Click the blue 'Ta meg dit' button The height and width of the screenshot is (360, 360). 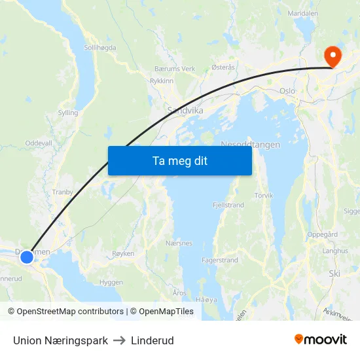(179, 160)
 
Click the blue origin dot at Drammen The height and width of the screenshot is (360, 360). (27, 257)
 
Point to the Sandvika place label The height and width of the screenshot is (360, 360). (185, 111)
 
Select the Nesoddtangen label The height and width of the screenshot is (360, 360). (251, 144)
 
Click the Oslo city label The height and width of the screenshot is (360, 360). (287, 92)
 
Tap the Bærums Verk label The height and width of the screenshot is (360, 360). (175, 69)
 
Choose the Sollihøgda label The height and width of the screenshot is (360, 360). (101, 48)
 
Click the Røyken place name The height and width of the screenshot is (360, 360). (123, 253)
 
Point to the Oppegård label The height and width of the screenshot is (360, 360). (323, 234)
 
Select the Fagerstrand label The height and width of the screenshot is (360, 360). (220, 260)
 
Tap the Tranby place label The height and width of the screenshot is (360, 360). (63, 192)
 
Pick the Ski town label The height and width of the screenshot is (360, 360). (334, 273)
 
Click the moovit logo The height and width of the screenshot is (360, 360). (321, 340)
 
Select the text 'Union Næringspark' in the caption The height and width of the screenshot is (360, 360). (60, 340)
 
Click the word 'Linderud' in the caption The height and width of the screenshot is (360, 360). (152, 340)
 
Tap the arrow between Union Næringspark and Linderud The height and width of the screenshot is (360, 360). (119, 340)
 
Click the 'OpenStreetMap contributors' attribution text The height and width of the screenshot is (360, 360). (70, 312)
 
